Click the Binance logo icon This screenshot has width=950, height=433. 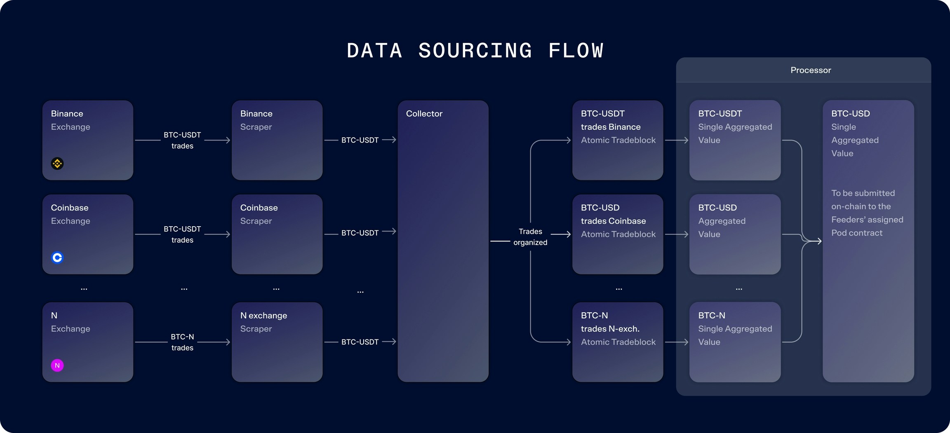click(x=57, y=164)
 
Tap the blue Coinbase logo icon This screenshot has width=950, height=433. click(x=57, y=257)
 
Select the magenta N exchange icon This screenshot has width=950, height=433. click(x=57, y=365)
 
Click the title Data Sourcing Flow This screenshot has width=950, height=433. click(x=475, y=51)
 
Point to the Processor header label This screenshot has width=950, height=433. click(x=811, y=70)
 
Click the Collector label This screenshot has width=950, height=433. click(x=424, y=114)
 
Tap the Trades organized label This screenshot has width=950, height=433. click(x=530, y=237)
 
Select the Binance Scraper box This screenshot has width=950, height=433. click(x=277, y=140)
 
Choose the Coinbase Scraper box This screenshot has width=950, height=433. click(x=277, y=234)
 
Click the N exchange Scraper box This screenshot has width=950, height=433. click(x=277, y=342)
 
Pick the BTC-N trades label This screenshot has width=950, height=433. click(x=182, y=342)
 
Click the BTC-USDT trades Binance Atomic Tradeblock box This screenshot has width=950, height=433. click(x=618, y=140)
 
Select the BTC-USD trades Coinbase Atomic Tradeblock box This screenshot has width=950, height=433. click(x=618, y=234)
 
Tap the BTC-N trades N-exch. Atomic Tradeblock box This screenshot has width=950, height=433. click(x=618, y=342)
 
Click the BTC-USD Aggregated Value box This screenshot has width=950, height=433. click(x=735, y=234)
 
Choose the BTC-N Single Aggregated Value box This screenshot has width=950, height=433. click(x=735, y=342)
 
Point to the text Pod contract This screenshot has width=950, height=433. click(x=857, y=233)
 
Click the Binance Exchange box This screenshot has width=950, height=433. click(x=88, y=140)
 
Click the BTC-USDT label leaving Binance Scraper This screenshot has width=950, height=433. click(x=360, y=140)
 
